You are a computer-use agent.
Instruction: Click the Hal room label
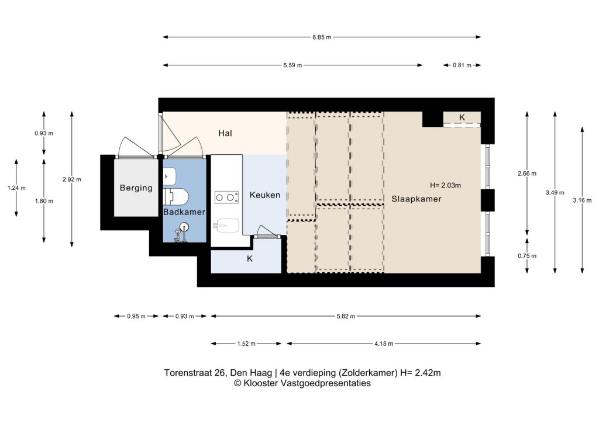(225, 133)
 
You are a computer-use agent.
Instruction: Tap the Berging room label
(136, 188)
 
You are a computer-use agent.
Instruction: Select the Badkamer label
(184, 211)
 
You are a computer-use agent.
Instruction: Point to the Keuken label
(265, 195)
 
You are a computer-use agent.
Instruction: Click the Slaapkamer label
(416, 199)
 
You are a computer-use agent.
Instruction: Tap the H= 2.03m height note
(445, 185)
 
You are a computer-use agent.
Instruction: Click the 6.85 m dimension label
(322, 37)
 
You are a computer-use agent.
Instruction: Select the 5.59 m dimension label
(292, 65)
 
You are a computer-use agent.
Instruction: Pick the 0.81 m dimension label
(462, 65)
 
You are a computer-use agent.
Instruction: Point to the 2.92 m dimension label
(72, 179)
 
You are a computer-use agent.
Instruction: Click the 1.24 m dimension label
(16, 188)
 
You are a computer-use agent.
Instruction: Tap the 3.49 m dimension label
(555, 193)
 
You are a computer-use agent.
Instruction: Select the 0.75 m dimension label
(527, 256)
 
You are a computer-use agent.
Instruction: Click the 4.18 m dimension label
(384, 344)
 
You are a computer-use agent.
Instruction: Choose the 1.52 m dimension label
(246, 344)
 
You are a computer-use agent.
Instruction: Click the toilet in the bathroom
(176, 196)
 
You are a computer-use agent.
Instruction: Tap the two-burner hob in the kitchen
(226, 197)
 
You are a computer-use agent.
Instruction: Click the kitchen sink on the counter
(226, 226)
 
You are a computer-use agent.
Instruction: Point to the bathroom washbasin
(170, 176)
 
